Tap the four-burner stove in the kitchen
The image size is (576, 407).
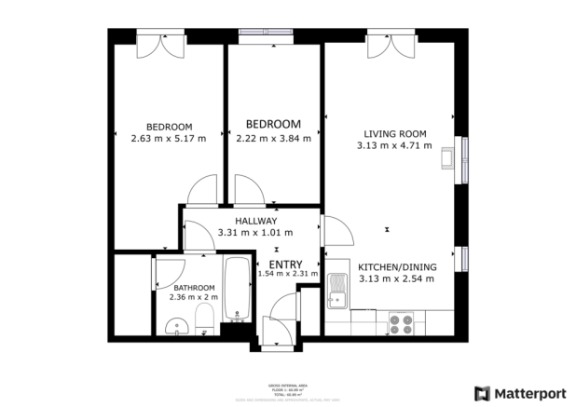402,323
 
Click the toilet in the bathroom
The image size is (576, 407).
202,325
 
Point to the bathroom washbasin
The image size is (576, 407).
174,327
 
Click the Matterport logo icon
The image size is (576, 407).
481,393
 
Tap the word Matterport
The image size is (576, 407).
530,393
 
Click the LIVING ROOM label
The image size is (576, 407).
393,132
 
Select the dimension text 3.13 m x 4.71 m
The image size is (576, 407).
393,145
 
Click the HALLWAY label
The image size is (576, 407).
254,221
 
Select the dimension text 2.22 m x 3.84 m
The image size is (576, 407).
273,139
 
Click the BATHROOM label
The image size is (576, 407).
192,288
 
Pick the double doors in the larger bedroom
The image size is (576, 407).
155,43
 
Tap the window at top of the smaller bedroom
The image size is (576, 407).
266,35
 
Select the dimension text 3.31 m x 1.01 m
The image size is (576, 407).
254,233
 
